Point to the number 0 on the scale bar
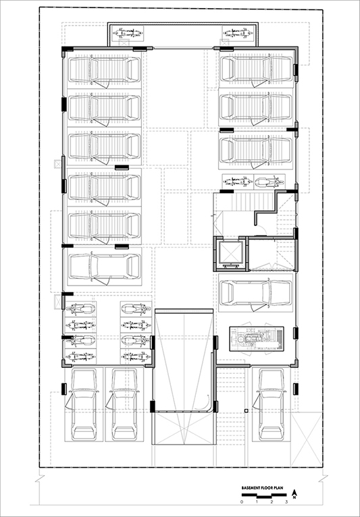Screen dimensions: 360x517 pyautogui.click(x=242, y=502)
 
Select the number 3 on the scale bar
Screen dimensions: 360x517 pyautogui.click(x=286, y=502)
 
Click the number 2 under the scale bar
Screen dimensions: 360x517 pyautogui.click(x=272, y=502)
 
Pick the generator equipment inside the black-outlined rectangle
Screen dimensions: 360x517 pyautogui.click(x=257, y=339)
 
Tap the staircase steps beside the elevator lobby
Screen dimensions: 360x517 pyautogui.click(x=253, y=202)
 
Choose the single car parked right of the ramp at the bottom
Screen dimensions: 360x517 pyautogui.click(x=272, y=404)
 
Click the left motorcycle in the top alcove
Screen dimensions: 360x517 pyautogui.click(x=128, y=33)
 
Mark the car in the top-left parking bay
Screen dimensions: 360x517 pyautogui.click(x=104, y=70)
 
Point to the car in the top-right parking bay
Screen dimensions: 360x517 pyautogui.click(x=257, y=69)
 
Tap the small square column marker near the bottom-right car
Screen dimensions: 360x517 pyautogui.click(x=246, y=410)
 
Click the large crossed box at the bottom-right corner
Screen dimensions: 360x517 pyautogui.click(x=306, y=439)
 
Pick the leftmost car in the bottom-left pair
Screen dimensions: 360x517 pyautogui.click(x=84, y=404)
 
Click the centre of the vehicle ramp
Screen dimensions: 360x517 pyautogui.click(x=184, y=360)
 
